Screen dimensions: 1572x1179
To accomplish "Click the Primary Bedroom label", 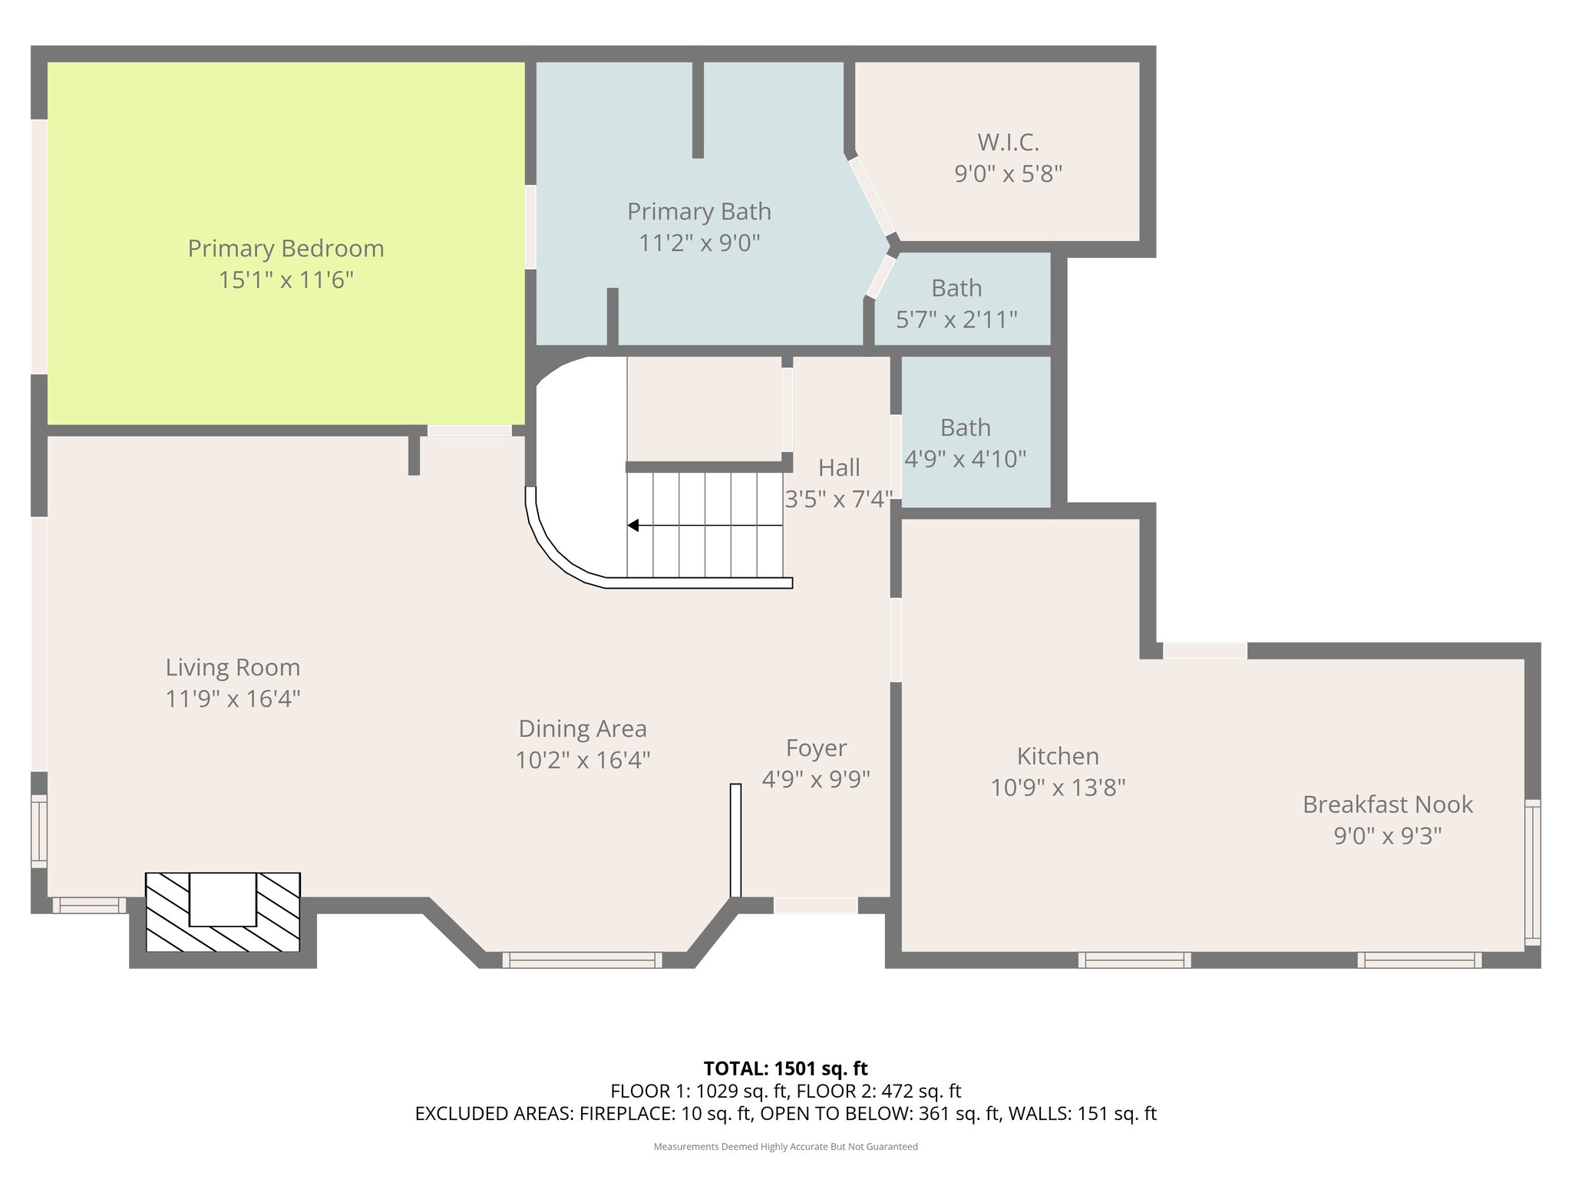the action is click(x=286, y=249).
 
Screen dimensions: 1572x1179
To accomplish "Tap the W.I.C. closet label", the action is click(x=1008, y=142).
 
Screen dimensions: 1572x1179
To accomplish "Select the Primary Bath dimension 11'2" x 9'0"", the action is click(x=699, y=243).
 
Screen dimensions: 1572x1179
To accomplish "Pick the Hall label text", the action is click(x=839, y=467).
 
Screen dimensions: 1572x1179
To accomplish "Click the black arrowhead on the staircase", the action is click(x=633, y=525).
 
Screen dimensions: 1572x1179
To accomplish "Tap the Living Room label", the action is click(x=233, y=668).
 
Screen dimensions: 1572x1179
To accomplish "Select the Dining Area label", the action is click(x=583, y=729).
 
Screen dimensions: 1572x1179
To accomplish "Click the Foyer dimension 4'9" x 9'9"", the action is click(x=816, y=780).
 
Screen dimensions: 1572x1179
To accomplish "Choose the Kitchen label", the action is click(x=1058, y=756).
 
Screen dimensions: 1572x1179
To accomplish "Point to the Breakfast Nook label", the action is click(x=1388, y=804).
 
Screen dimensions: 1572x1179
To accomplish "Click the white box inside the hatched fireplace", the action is click(x=223, y=899).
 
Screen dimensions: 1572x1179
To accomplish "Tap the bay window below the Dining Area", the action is click(x=582, y=959).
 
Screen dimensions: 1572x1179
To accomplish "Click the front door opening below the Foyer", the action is click(x=815, y=905).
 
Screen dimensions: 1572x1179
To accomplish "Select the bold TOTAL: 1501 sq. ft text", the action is click(x=785, y=1068).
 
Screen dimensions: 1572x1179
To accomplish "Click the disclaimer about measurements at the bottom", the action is click(x=785, y=1147).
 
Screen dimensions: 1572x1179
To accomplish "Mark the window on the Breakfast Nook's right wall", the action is click(x=1532, y=873).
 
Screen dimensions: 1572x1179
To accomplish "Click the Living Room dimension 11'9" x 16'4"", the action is click(x=233, y=699).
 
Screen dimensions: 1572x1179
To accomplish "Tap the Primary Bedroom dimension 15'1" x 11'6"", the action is click(x=286, y=280).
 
